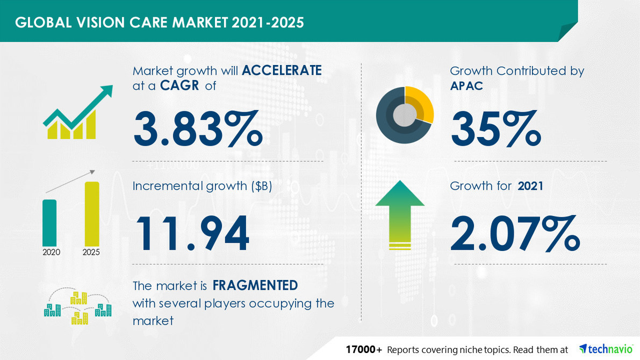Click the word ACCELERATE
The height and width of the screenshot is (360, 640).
click(282, 70)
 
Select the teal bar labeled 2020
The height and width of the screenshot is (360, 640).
click(49, 222)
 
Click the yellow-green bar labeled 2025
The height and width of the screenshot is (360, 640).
click(92, 213)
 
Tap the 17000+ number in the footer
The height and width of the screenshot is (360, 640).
click(364, 349)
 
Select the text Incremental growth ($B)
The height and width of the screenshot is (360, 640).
click(204, 186)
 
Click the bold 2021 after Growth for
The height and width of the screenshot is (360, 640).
click(530, 186)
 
